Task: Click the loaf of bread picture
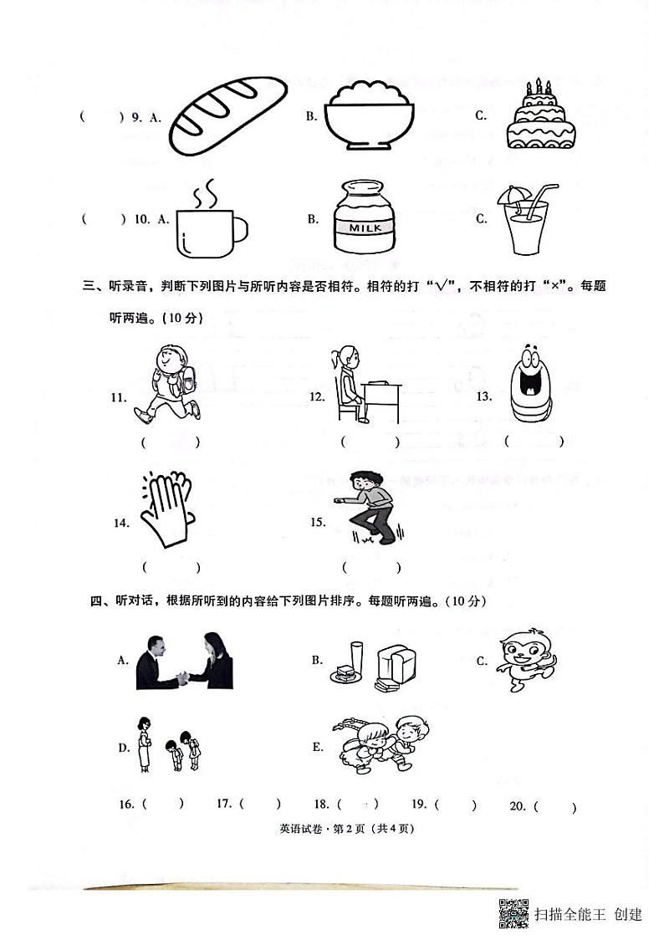pyautogui.click(x=227, y=115)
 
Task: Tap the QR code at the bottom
pyautogui.click(x=513, y=913)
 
